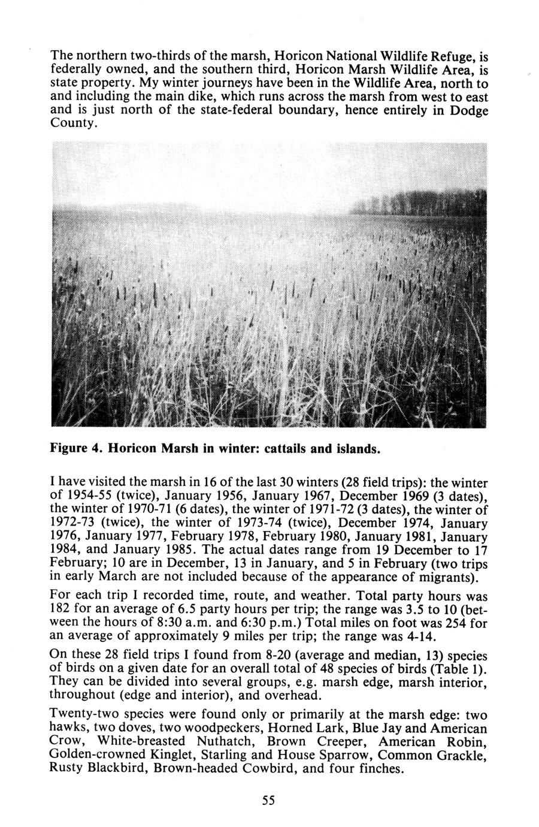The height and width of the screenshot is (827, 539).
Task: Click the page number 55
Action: (268, 801)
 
